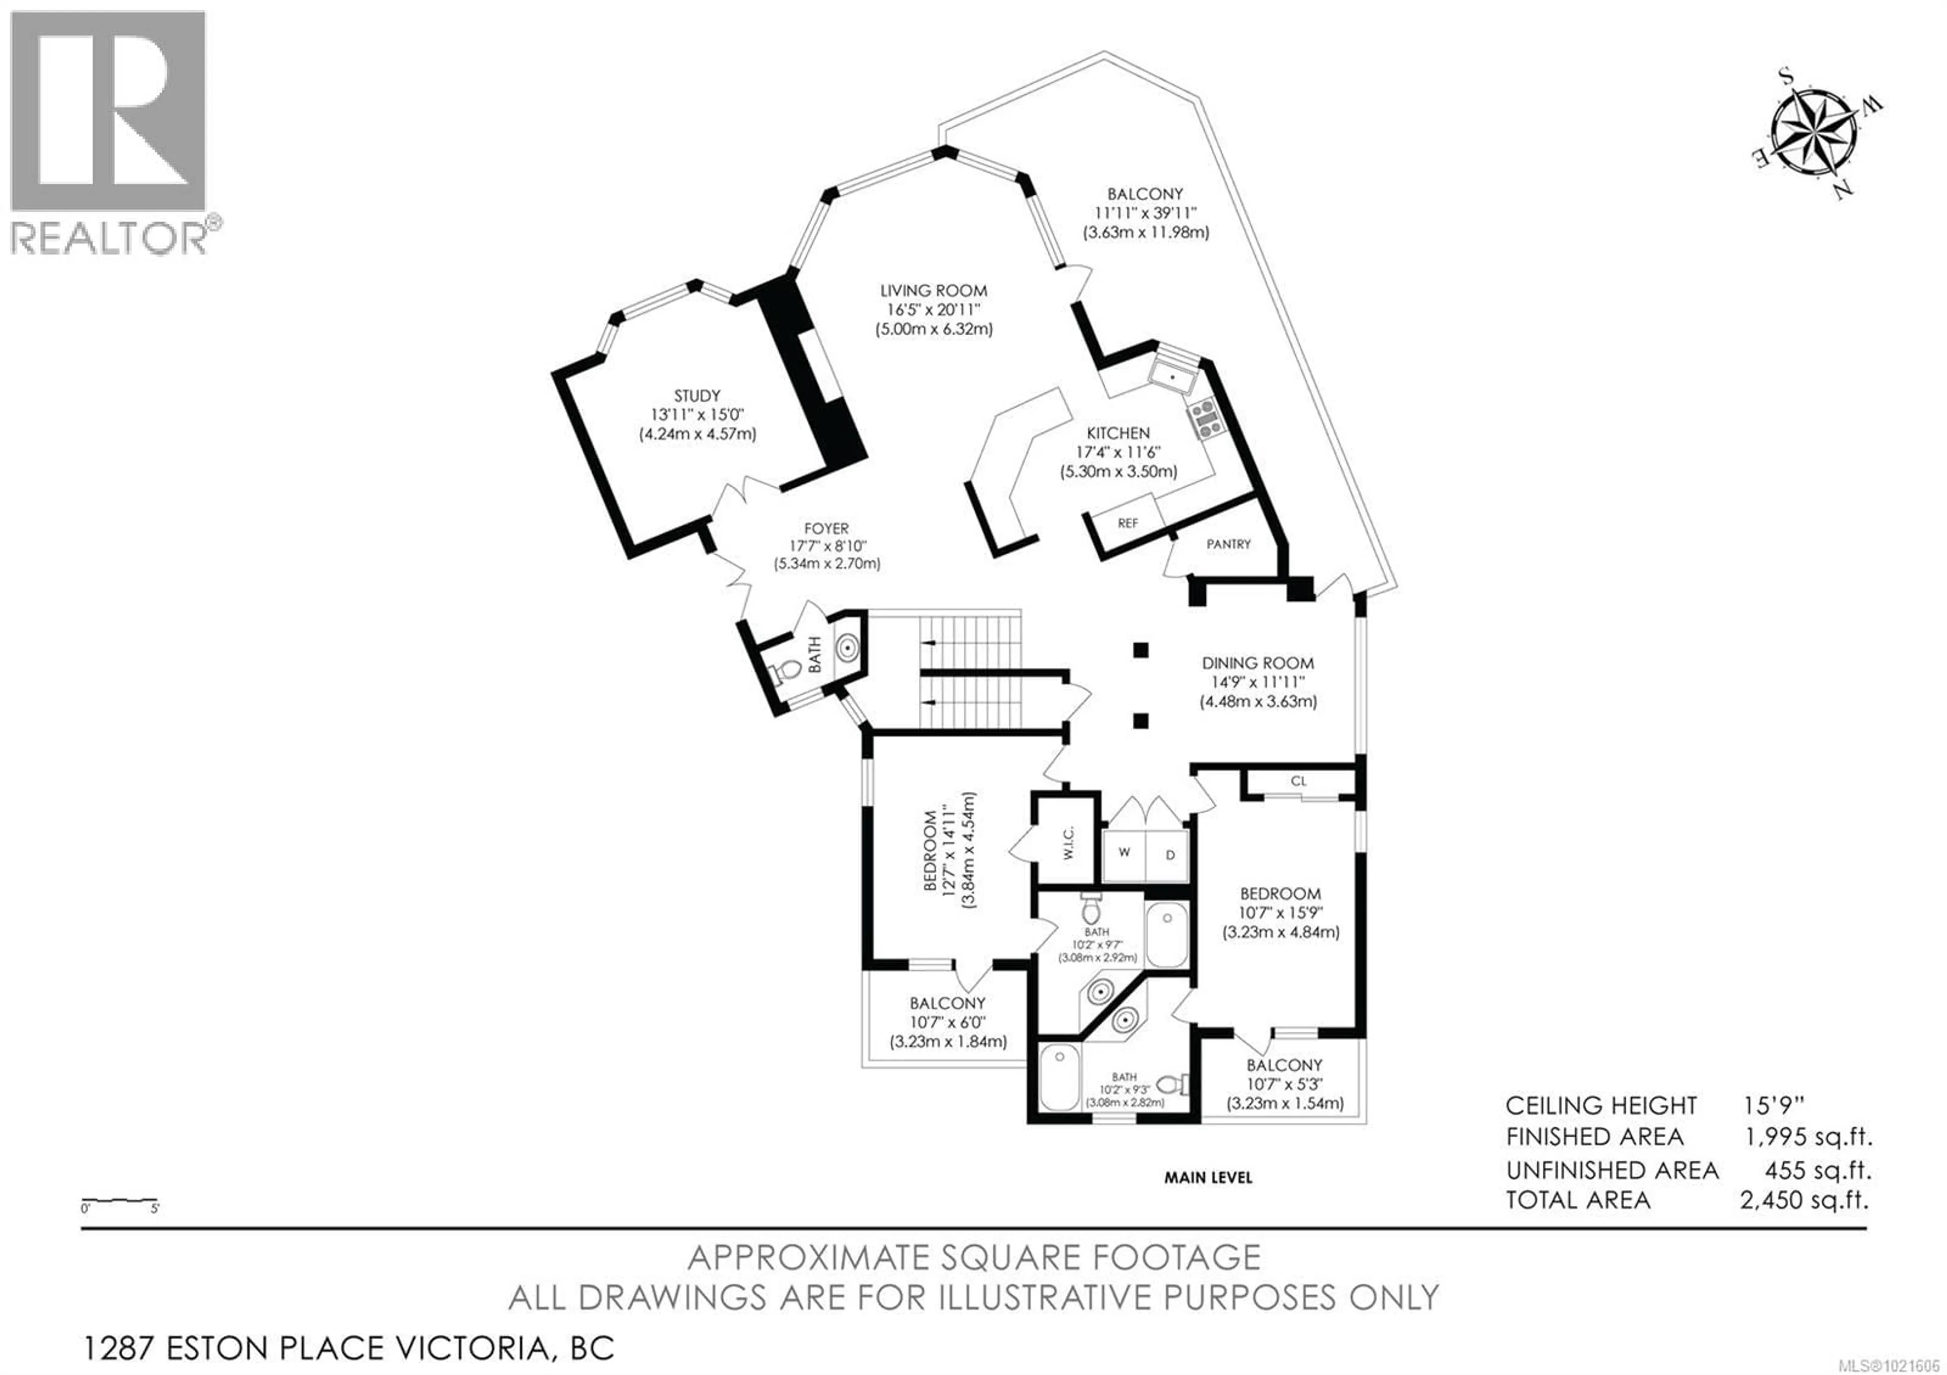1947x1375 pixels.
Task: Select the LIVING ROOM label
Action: tap(933, 291)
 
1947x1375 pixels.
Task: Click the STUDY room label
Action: tap(697, 396)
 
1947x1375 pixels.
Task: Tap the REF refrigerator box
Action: tap(1127, 524)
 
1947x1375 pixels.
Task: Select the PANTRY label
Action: tap(1228, 544)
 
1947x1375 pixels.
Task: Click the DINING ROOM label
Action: tap(1257, 663)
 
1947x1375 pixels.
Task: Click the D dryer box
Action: tap(1170, 855)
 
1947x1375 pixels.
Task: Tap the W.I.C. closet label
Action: tap(1068, 842)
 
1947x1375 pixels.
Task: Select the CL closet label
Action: tap(1299, 781)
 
